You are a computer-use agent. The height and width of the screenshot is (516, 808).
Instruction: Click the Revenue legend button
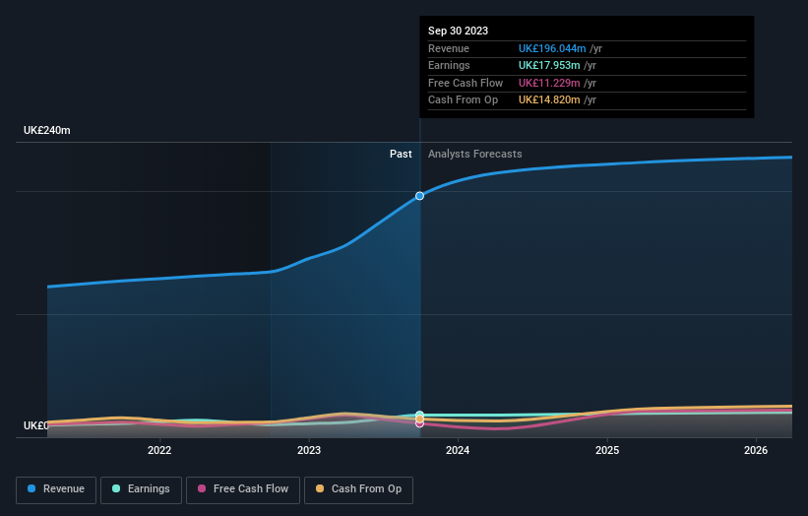coord(55,489)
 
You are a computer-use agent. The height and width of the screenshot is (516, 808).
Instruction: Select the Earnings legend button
coord(140,489)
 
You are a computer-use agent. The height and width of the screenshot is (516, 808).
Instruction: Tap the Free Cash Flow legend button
coord(241,489)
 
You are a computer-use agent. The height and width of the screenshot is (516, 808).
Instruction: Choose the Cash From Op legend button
coord(359,489)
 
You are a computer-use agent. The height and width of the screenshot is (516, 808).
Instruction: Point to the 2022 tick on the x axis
coord(159,451)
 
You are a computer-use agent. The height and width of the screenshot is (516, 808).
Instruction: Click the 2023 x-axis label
coord(309,451)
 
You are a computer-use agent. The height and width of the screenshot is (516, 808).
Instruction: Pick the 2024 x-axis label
coord(458,451)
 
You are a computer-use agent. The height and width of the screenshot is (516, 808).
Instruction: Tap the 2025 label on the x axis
coord(607,451)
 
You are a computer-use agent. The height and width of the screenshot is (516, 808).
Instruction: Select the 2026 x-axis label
coord(756,451)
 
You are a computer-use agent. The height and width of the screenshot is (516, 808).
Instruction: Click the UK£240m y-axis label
coord(47,131)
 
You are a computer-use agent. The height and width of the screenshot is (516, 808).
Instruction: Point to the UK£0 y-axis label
coord(36,425)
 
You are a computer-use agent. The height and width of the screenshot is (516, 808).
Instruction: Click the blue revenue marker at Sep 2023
coord(420,196)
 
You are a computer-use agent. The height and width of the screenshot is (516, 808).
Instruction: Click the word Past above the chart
coord(401,155)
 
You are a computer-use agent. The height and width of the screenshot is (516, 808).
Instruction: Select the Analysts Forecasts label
coord(474,155)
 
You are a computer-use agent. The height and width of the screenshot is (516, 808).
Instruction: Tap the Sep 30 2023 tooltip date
coord(458,32)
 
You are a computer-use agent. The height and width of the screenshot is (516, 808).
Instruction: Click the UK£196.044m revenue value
coord(552,49)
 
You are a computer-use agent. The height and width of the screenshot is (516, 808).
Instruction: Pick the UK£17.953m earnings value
coord(549,66)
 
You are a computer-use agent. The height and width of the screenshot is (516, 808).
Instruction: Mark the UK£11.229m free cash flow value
coord(549,83)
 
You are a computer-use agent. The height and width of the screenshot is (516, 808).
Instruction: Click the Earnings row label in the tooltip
coord(449,66)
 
